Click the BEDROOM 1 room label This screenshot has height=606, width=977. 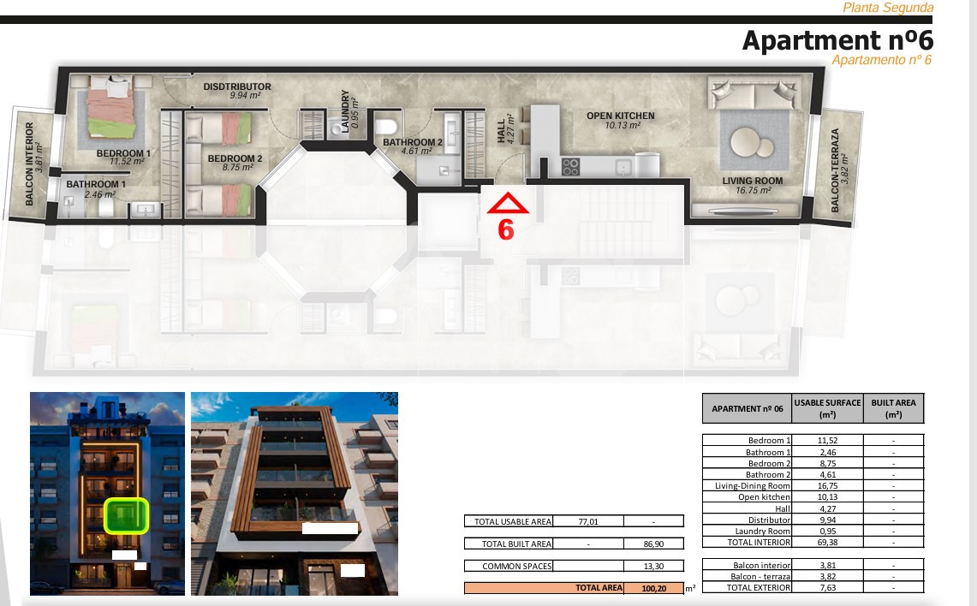[123, 153]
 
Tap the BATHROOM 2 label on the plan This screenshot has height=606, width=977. [413, 142]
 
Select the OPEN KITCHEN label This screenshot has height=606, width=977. [621, 116]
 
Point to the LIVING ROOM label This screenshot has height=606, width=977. [753, 181]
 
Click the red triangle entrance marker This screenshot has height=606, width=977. [508, 204]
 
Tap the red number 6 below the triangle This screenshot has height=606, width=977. [506, 230]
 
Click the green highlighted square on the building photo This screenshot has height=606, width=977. [126, 515]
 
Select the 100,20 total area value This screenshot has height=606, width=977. [653, 588]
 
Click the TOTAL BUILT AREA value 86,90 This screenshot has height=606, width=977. [653, 544]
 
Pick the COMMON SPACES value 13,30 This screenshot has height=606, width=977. [653, 566]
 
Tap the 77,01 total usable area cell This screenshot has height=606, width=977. [588, 521]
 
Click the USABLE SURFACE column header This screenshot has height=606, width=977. [827, 408]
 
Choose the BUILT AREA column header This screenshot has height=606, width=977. [893, 408]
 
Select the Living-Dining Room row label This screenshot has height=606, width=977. [752, 486]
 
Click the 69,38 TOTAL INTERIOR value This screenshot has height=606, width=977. [827, 543]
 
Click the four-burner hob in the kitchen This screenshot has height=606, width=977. [571, 167]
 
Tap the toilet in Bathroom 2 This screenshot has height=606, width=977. [386, 127]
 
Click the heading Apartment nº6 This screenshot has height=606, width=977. [837, 40]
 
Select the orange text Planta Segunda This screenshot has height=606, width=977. [888, 8]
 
